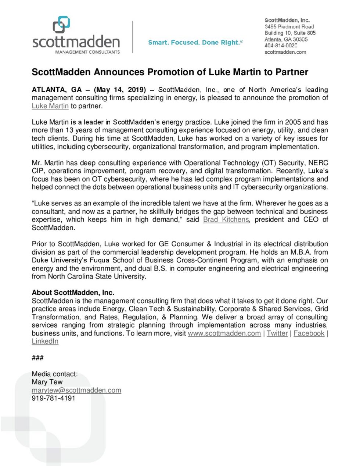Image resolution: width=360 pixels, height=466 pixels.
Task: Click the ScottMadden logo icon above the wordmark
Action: pyautogui.click(x=61, y=24)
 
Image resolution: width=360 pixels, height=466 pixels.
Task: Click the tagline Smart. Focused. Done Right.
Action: pyautogui.click(x=195, y=43)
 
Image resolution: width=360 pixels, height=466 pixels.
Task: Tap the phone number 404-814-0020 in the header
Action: pyautogui.click(x=281, y=46)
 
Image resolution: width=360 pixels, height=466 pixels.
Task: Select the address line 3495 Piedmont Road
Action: pyautogui.click(x=289, y=27)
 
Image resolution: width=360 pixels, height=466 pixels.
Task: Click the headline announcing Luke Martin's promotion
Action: pyautogui.click(x=170, y=72)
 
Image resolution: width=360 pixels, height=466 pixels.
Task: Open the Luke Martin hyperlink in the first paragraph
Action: pyautogui.click(x=50, y=106)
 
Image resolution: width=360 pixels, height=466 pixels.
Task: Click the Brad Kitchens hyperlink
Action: pyautogui.click(x=226, y=220)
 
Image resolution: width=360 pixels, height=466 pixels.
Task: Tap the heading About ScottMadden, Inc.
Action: pyautogui.click(x=73, y=293)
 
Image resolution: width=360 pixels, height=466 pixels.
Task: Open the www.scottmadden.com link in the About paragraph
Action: pyautogui.click(x=224, y=333)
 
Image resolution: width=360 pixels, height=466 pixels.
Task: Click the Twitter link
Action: pyautogui.click(x=277, y=333)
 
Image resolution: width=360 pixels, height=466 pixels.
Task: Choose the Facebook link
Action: pyautogui.click(x=309, y=333)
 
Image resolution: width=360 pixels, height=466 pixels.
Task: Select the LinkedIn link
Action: pyautogui.click(x=45, y=341)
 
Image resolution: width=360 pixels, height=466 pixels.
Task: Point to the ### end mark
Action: pyautogui.click(x=37, y=358)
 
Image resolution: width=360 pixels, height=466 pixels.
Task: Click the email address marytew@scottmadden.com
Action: pyautogui.click(x=76, y=390)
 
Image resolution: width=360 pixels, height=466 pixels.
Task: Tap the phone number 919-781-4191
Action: pyautogui.click(x=53, y=398)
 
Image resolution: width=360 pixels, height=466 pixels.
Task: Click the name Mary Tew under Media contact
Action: pyautogui.click(x=47, y=382)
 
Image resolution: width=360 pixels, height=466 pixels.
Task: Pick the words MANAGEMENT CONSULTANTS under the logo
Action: pyautogui.click(x=87, y=52)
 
